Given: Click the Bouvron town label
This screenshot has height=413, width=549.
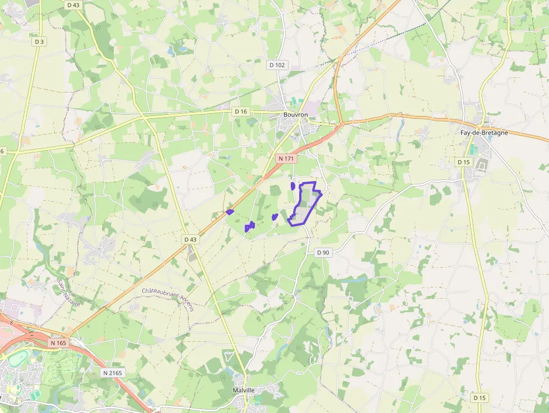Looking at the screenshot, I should click(x=296, y=114).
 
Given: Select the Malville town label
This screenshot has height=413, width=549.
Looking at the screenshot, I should click(x=244, y=390).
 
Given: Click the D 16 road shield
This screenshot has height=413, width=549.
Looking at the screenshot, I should click(x=240, y=112).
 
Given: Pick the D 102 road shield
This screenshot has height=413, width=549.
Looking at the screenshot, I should click(x=277, y=65).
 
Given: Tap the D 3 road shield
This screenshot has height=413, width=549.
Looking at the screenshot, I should click(x=39, y=41).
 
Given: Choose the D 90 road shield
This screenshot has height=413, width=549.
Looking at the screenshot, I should click(x=323, y=252).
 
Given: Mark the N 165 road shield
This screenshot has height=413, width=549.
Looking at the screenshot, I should click(x=58, y=342).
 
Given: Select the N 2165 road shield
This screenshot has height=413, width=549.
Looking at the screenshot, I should click(x=113, y=373).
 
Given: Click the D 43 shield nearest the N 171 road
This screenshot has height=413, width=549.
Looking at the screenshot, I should click(x=190, y=239).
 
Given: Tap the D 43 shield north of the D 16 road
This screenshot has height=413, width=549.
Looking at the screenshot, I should click(x=73, y=4).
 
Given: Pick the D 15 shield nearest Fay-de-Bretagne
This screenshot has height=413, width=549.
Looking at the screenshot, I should click(x=463, y=162).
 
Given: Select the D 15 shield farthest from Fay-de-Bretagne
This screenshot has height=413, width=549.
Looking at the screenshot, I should click(x=480, y=397).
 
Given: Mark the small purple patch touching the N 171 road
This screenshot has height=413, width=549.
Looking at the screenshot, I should click(x=230, y=212).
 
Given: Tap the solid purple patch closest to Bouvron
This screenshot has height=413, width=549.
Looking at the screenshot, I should click(x=293, y=185).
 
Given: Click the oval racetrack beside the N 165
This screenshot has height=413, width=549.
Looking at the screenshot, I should click(x=17, y=358).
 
